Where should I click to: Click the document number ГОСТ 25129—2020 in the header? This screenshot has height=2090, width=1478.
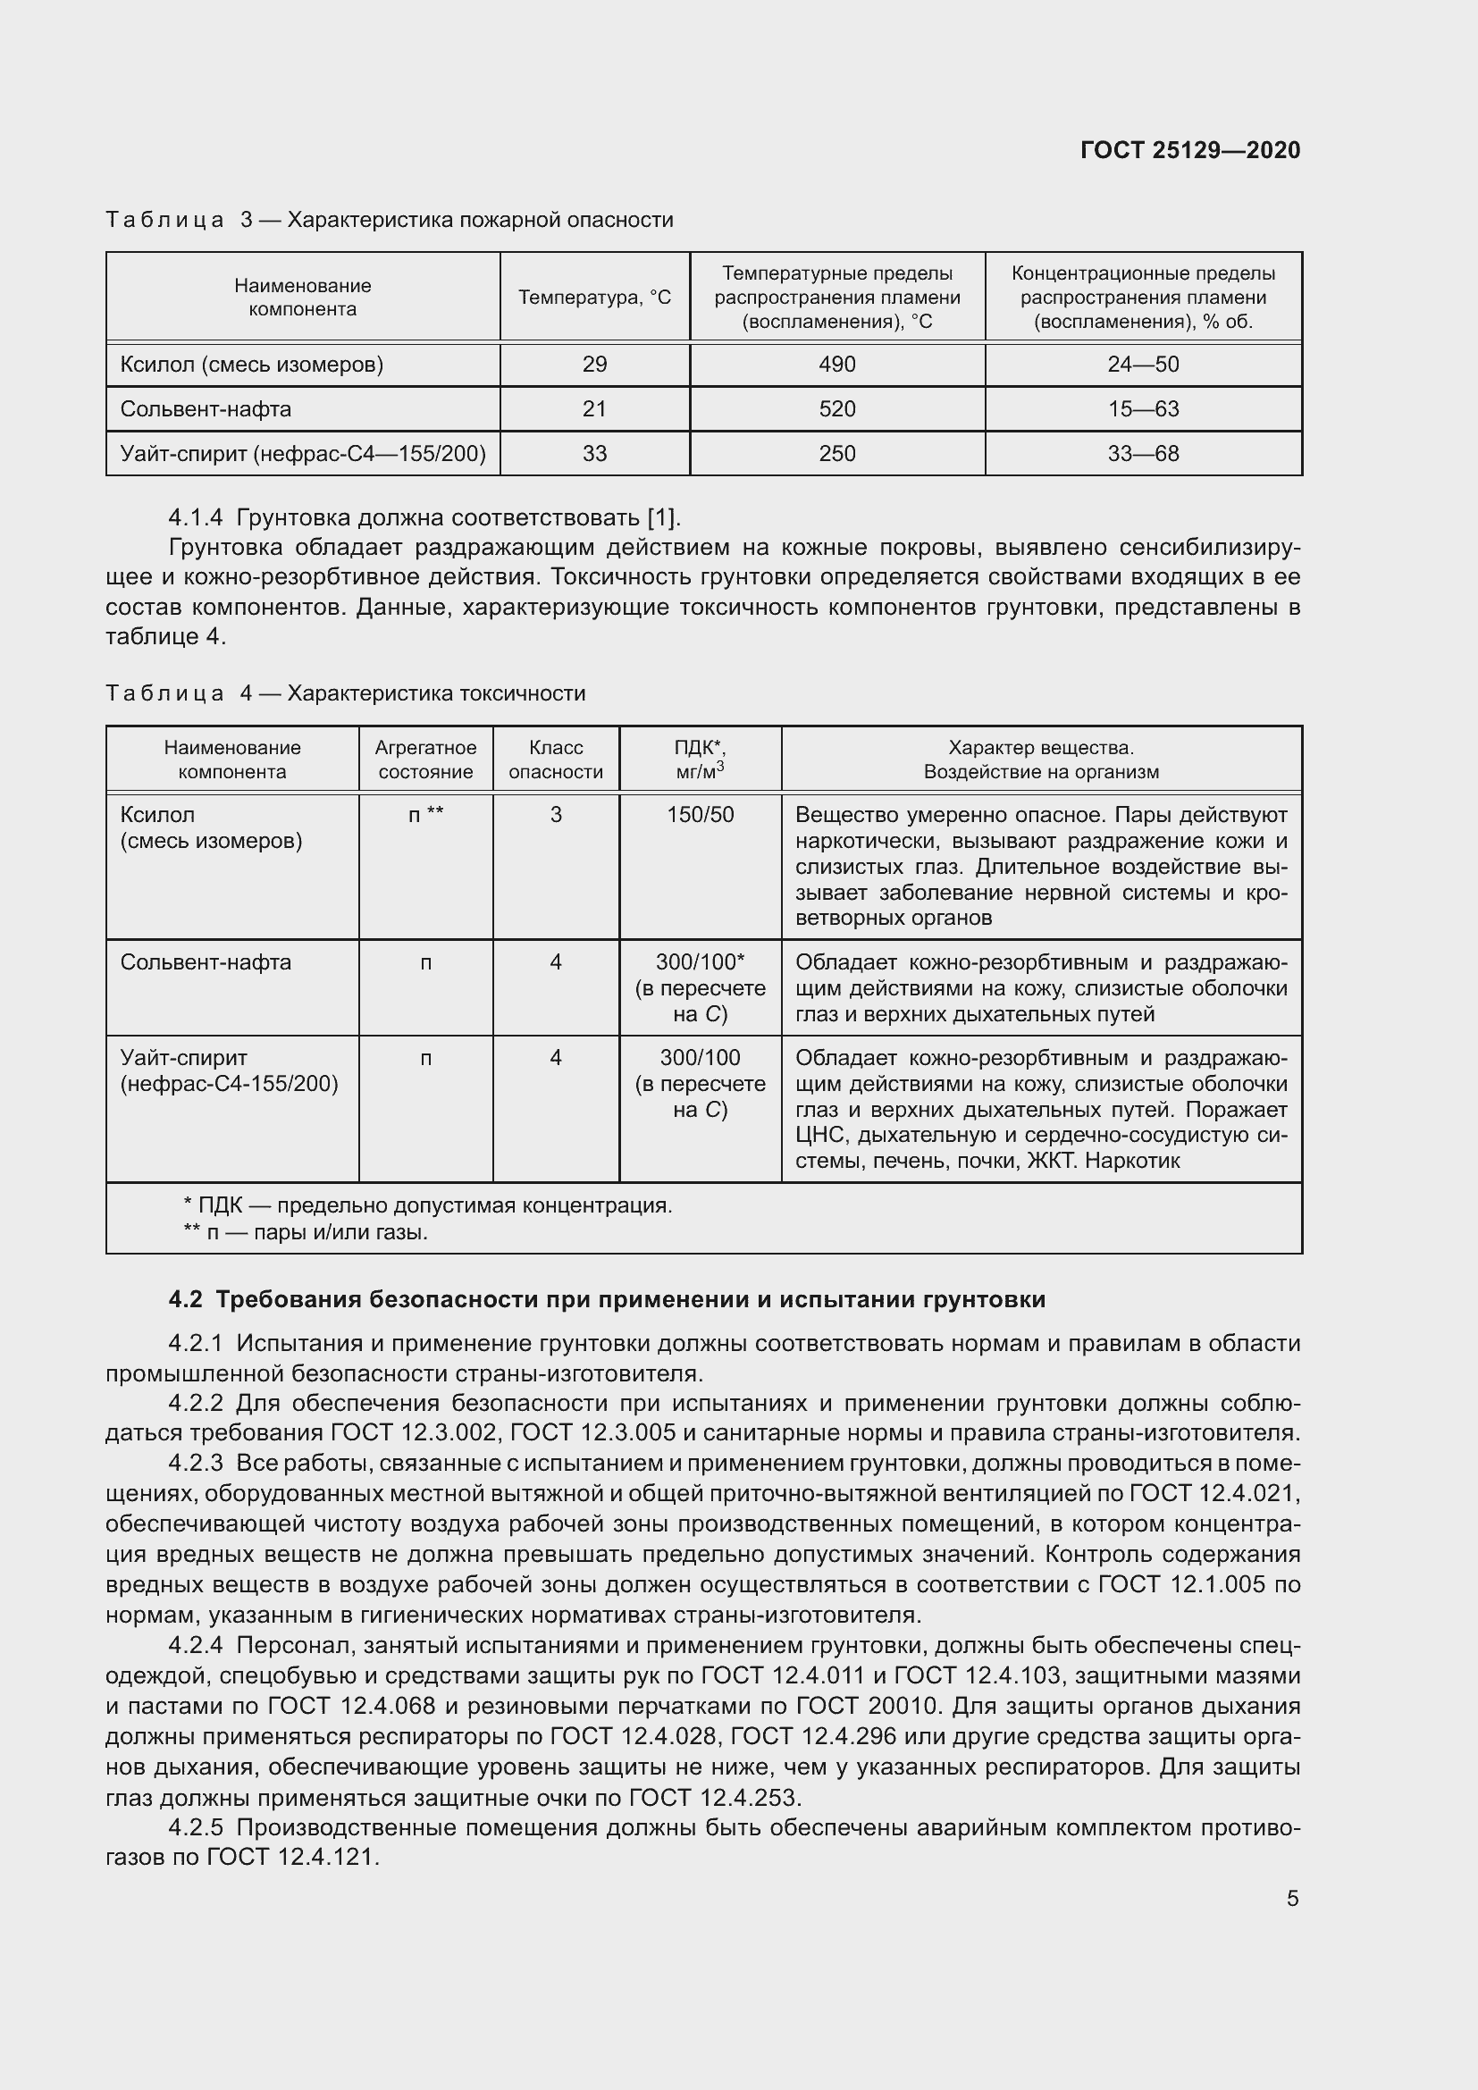tap(1189, 150)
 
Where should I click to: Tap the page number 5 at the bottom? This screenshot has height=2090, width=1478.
tap(1292, 1898)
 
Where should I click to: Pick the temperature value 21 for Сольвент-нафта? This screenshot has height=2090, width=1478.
tap(594, 409)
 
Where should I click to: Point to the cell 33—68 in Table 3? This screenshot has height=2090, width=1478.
tap(1142, 453)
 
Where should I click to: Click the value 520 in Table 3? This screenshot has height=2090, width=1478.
tap(836, 409)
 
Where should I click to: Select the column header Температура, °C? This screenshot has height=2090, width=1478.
tap(594, 298)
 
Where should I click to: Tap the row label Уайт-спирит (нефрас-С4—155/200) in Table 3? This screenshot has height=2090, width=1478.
tap(302, 453)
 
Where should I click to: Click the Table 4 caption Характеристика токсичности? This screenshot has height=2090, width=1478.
tap(436, 693)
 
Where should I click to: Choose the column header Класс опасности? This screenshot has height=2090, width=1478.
tap(555, 760)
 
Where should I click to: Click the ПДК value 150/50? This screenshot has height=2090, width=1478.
tap(700, 815)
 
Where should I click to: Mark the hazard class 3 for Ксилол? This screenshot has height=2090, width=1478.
tap(555, 815)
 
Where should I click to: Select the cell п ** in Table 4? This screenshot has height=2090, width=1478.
tap(425, 815)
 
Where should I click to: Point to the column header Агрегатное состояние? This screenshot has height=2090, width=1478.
tap(425, 760)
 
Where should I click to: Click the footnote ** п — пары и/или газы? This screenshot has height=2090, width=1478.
tap(305, 1232)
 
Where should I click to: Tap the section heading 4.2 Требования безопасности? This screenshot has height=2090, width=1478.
tap(606, 1299)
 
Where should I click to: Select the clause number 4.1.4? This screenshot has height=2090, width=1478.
tap(195, 518)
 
